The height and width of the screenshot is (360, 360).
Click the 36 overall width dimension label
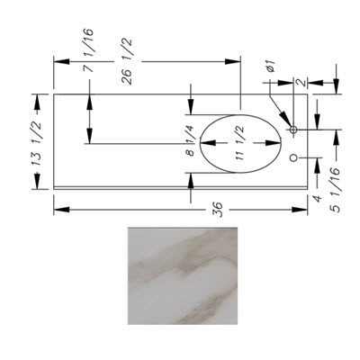(x=218, y=209)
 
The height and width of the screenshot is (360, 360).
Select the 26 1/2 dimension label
(x=127, y=62)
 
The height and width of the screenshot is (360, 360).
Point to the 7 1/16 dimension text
(x=88, y=50)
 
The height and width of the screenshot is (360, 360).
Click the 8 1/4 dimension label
(x=191, y=140)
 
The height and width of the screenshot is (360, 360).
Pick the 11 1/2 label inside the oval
(x=239, y=143)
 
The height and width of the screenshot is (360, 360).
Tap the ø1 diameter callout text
(x=271, y=66)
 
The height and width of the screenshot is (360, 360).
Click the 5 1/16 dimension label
(x=336, y=190)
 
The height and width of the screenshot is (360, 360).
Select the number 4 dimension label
(x=317, y=198)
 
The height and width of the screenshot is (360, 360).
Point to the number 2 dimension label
(x=301, y=83)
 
